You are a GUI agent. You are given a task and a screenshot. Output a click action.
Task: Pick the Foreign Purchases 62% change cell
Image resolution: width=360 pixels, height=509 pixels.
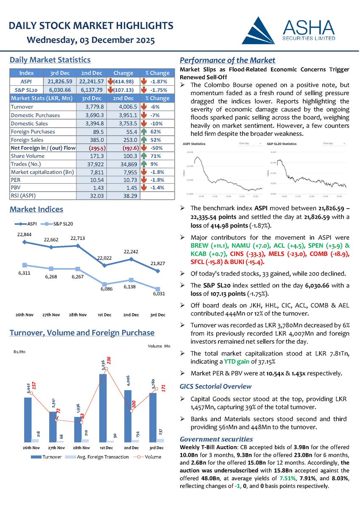(157, 131)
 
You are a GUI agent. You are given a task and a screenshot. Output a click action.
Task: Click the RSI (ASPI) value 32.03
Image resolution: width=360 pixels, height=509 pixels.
(97, 196)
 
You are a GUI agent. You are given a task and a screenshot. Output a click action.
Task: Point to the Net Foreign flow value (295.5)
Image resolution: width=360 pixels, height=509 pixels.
(97, 148)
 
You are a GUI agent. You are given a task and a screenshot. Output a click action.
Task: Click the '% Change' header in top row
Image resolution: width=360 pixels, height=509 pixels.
(157, 73)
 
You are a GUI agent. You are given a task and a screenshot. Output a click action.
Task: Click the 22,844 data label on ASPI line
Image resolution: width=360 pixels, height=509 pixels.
(24, 235)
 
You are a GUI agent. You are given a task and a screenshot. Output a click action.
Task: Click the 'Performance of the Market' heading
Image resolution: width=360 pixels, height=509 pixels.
(227, 60)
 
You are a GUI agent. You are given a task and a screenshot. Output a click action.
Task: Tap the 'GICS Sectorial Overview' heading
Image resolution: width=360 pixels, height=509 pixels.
(215, 386)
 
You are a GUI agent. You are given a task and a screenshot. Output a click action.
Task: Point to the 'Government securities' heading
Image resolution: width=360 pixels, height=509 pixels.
(216, 439)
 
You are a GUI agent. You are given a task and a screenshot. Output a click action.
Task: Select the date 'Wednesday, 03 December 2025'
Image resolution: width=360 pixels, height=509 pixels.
(90, 41)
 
